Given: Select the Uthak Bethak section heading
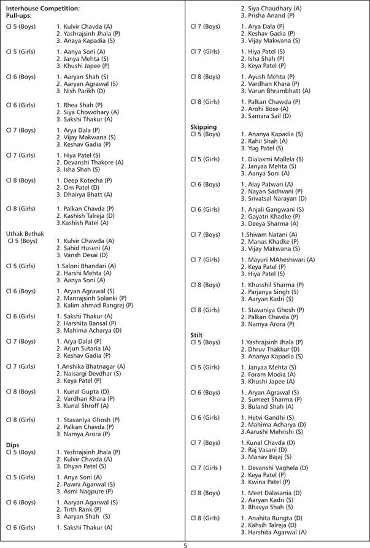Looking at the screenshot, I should [25, 234].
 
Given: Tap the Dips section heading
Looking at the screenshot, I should [13, 445].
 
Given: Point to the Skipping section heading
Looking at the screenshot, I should [204, 127].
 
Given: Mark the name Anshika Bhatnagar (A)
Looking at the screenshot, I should [91, 366].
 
